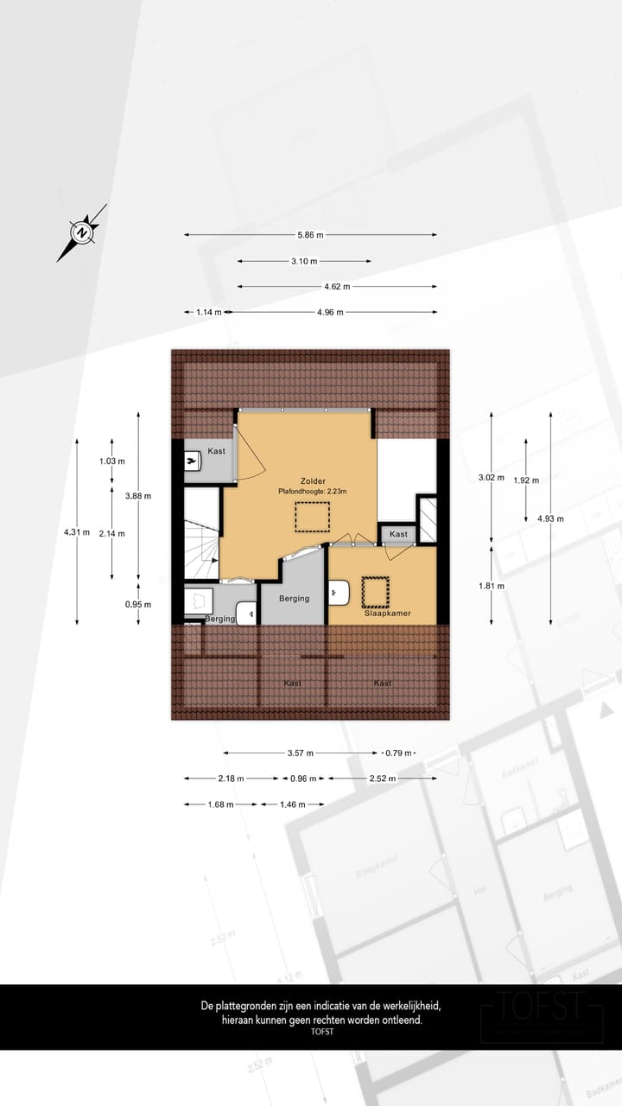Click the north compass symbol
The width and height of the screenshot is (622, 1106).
(x=81, y=232)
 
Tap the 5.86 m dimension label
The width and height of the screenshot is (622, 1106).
(x=310, y=235)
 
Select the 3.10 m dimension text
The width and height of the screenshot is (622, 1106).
(x=304, y=261)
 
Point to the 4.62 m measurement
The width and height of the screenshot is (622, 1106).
(x=337, y=287)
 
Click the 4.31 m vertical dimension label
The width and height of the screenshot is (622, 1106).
(x=77, y=532)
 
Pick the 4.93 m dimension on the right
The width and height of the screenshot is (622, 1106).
(x=550, y=518)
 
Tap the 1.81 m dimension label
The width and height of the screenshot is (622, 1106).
(x=492, y=585)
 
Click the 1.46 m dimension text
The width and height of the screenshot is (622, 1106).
(x=291, y=804)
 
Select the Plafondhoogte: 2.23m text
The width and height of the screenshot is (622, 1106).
(x=312, y=492)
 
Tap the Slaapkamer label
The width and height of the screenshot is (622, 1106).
(x=386, y=613)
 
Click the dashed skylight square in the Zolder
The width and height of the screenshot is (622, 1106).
(x=311, y=517)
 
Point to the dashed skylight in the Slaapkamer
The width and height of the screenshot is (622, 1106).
(x=376, y=592)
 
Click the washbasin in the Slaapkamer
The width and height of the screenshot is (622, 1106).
(x=339, y=594)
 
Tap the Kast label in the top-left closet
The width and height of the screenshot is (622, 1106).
(x=216, y=451)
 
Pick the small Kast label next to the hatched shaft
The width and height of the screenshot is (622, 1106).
(x=398, y=535)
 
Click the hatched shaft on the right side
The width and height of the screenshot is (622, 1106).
(x=427, y=520)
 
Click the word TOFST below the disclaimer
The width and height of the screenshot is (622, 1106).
(x=321, y=1032)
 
